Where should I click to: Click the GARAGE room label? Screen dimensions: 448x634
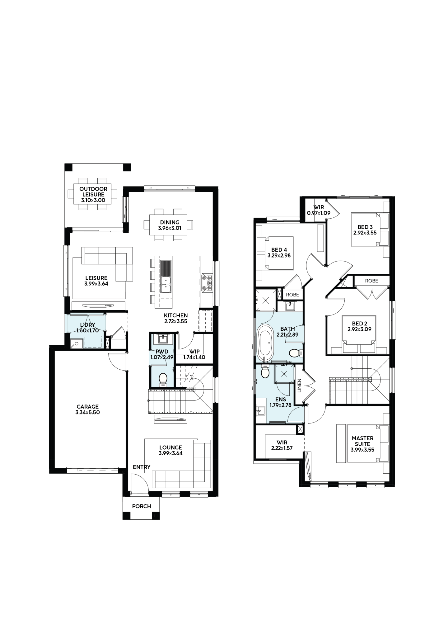click(x=87, y=406)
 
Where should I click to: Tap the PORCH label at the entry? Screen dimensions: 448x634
click(x=142, y=506)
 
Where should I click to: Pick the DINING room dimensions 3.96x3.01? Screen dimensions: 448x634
click(x=170, y=228)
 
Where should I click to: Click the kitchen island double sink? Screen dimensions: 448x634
click(x=166, y=285)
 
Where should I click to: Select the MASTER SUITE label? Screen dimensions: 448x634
click(x=363, y=441)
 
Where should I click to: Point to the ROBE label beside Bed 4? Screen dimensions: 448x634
click(x=292, y=295)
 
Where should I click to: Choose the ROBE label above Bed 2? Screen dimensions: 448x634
click(x=371, y=281)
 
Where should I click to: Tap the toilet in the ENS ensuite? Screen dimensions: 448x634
click(x=265, y=371)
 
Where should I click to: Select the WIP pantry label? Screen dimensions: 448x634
click(x=194, y=352)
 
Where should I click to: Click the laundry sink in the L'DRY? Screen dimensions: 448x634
click(x=75, y=344)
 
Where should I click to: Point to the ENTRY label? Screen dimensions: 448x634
click(x=142, y=467)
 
